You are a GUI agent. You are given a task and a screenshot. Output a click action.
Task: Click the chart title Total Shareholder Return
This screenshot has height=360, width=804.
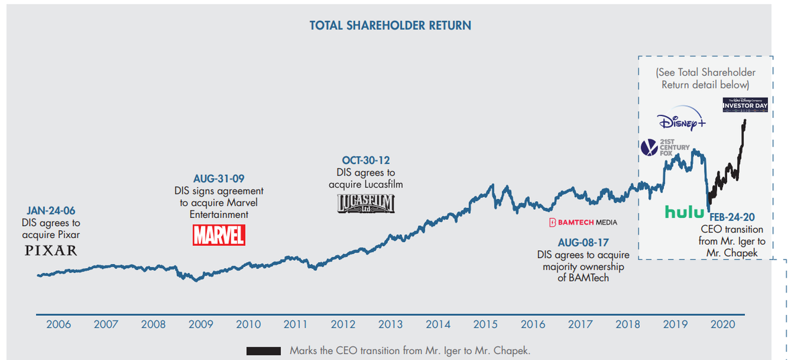[390, 25]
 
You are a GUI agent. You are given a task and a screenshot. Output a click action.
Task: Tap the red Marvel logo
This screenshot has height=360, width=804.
[219, 235]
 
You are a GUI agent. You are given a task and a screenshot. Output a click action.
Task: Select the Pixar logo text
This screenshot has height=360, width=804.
[51, 251]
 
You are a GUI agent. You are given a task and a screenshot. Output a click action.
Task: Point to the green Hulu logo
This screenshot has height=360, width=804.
[684, 212]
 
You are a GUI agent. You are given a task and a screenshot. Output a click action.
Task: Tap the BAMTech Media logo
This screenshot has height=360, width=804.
[582, 222]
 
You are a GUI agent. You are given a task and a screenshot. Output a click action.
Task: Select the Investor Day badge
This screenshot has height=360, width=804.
[745, 105]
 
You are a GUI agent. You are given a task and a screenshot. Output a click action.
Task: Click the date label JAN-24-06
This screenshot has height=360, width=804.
[50, 211]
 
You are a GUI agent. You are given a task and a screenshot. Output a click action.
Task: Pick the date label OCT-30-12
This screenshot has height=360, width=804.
[365, 160]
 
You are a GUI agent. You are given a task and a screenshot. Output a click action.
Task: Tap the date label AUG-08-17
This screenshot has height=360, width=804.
[584, 242]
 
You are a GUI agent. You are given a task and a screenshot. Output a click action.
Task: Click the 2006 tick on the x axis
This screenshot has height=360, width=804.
[58, 324]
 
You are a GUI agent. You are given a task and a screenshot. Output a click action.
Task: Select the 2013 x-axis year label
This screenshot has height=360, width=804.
[391, 324]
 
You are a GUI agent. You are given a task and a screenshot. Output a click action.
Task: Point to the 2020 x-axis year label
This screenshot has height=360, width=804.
[724, 324]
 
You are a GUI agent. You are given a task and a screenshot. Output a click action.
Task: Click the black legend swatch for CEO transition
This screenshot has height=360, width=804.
[263, 351]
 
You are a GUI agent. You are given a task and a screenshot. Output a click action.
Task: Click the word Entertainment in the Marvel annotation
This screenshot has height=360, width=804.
[218, 215]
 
